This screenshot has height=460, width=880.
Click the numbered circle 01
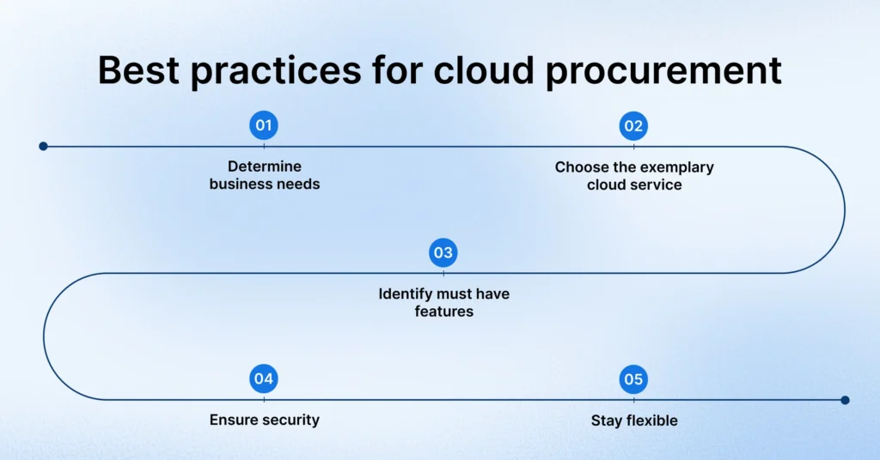[x=264, y=126]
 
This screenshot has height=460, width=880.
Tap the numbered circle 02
[x=633, y=126]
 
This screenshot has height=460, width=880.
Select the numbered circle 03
[x=443, y=253]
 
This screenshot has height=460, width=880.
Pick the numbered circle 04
[x=264, y=379]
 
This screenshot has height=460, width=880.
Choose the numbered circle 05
[x=633, y=379]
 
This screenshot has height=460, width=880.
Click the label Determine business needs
[x=264, y=175]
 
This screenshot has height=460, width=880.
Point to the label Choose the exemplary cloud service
[x=633, y=175]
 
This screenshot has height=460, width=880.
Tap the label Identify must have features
[x=443, y=302]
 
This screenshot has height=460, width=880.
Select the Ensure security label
[x=264, y=421]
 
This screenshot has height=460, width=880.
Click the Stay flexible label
[x=633, y=421]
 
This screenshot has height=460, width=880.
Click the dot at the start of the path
[x=43, y=146]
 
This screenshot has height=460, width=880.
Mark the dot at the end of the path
[x=845, y=400]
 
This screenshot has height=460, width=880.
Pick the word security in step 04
[x=290, y=421]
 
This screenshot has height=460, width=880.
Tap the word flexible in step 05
[x=650, y=421]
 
